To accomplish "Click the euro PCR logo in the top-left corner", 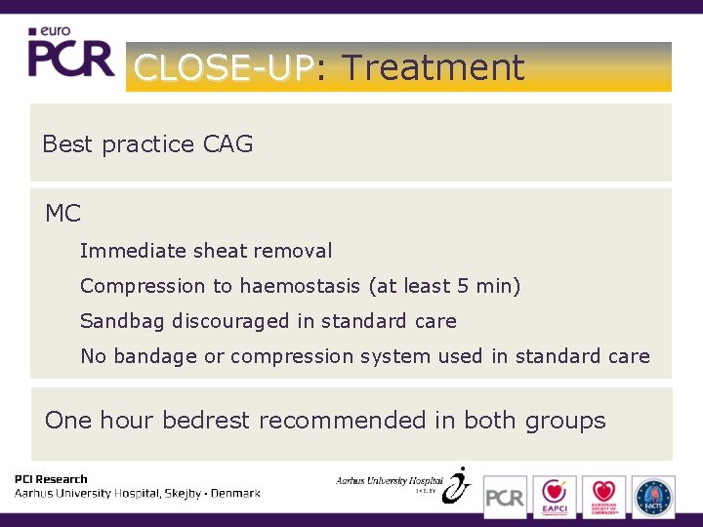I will [70, 54].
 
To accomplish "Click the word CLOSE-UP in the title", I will [223, 67].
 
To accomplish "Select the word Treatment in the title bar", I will [433, 67].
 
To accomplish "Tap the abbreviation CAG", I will [227, 144].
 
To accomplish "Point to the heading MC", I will [63, 213].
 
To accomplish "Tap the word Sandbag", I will [123, 321].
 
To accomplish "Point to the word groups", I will [565, 421].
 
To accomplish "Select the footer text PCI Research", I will [51, 479].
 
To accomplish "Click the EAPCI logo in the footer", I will [555, 496].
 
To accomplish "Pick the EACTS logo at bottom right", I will [653, 496].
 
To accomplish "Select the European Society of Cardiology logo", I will [603, 496].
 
